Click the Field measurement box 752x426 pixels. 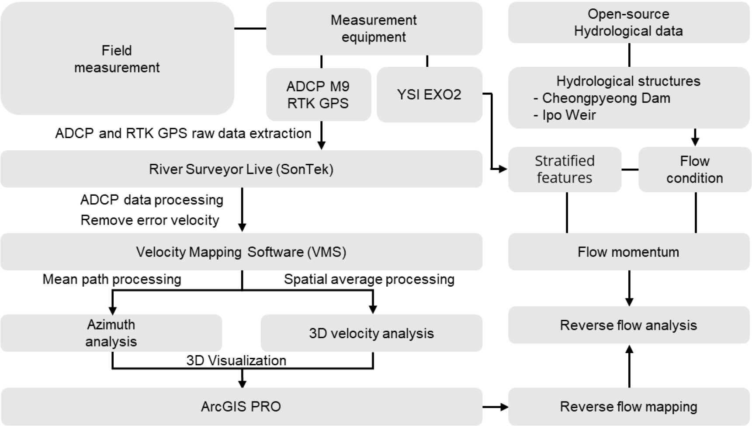pyautogui.click(x=117, y=59)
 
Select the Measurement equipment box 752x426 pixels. pyautogui.click(x=374, y=28)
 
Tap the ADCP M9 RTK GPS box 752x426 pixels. pyautogui.click(x=318, y=94)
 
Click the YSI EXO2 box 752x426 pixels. pyautogui.click(x=429, y=94)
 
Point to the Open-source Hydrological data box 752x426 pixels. pyautogui.click(x=628, y=22)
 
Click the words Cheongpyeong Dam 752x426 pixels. pyautogui.click(x=606, y=98)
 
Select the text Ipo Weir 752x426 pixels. pyautogui.click(x=569, y=115)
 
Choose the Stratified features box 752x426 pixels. pyautogui.click(x=565, y=170)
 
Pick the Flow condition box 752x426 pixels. pyautogui.click(x=694, y=170)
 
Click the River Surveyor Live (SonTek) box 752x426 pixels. pyautogui.click(x=241, y=169)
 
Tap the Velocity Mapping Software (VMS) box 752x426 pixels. pyautogui.click(x=241, y=252)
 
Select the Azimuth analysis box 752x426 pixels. pyautogui.click(x=111, y=333)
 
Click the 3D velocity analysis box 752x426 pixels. pyautogui.click(x=371, y=333)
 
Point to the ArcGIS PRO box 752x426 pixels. pyautogui.click(x=241, y=406)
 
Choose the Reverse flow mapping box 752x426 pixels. pyautogui.click(x=628, y=406)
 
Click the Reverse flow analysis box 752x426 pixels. pyautogui.click(x=628, y=325)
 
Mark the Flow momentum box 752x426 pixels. pyautogui.click(x=628, y=252)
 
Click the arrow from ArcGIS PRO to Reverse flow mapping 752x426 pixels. pyautogui.click(x=495, y=407)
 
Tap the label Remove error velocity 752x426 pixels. pyautogui.click(x=150, y=220)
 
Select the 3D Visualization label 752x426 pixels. pyautogui.click(x=236, y=360)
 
